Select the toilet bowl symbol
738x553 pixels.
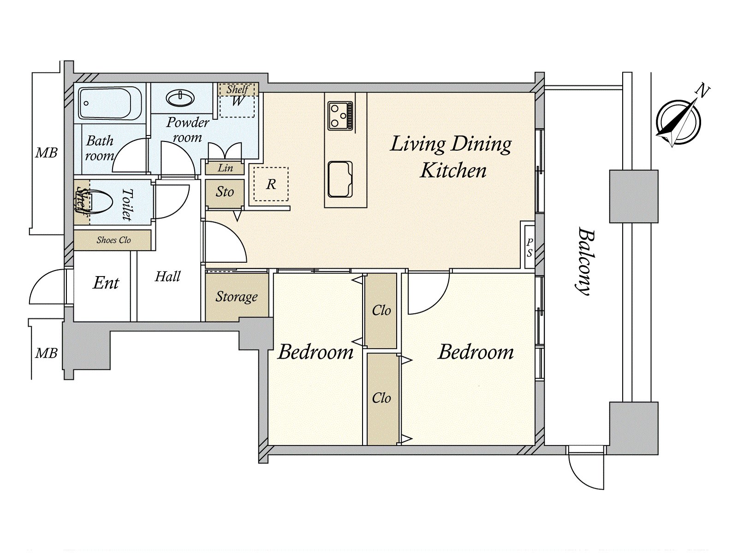coord(97,202)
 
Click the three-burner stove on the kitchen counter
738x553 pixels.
coord(341,116)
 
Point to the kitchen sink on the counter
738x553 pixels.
coord(340,179)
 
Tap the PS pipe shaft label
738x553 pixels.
coord(530,247)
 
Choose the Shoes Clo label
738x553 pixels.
coord(113,240)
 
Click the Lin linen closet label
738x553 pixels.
coord(225,168)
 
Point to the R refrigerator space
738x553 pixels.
coord(271,184)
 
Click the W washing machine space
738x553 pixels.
coord(237,101)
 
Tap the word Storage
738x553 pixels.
coord(237,297)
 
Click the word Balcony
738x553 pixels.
coord(584,261)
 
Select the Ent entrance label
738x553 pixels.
coord(106,282)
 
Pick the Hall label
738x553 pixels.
coord(167,276)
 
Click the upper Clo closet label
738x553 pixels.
coord(381,311)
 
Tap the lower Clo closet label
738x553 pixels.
coord(381,398)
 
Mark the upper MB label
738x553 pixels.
coord(47,153)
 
